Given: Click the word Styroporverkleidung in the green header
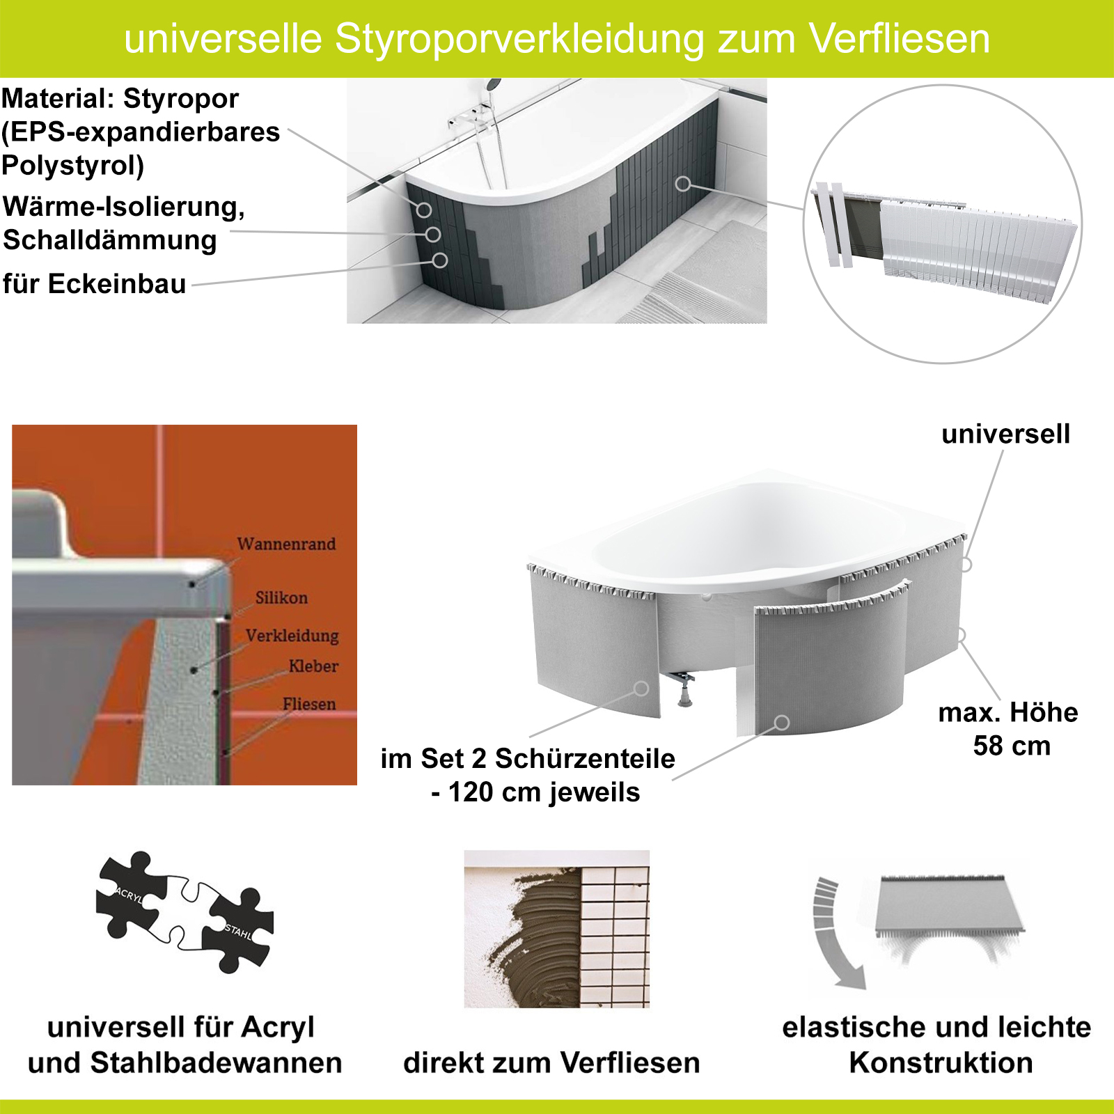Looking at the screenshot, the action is click(519, 39).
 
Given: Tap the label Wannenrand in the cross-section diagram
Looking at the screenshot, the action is click(286, 544).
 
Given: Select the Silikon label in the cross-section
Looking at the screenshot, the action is click(281, 597).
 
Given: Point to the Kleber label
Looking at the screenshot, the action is click(313, 666).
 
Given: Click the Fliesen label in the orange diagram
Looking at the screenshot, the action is click(309, 704).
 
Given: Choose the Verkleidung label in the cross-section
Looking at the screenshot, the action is click(292, 636).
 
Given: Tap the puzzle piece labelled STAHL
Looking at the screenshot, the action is click(238, 929).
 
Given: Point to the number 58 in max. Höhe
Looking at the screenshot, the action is click(988, 746).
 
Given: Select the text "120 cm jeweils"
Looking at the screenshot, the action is click(544, 792).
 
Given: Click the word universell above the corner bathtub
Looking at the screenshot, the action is click(1005, 434).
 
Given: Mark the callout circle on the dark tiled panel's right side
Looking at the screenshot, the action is click(683, 184).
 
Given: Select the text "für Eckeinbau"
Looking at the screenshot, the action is click(94, 284).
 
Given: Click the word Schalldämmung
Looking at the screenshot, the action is click(110, 240).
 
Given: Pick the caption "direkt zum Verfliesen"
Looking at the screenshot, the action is click(551, 1062).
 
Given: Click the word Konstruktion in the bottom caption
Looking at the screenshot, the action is click(941, 1062).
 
